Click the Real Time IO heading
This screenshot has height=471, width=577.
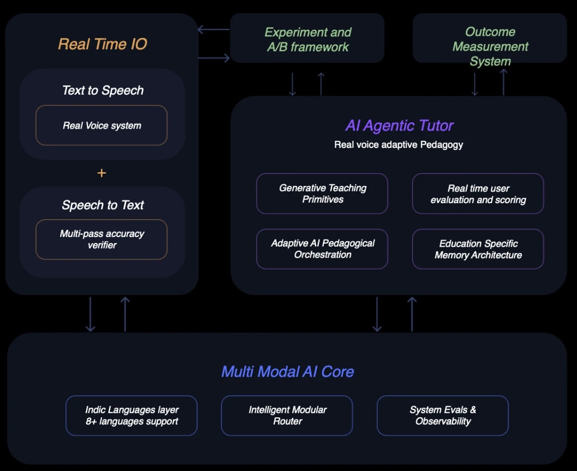102,44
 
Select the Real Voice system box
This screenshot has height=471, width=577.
101,126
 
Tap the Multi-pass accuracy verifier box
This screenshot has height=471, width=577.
101,240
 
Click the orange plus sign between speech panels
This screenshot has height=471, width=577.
101,173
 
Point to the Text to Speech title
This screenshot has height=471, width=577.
102,91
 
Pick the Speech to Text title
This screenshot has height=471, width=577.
102,205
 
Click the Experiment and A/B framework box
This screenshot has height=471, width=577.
307,39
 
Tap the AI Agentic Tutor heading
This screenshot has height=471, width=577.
399,126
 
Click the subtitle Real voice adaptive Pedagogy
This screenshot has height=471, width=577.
399,145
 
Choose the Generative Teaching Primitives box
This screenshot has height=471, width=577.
322,193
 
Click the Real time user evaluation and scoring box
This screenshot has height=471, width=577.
478,194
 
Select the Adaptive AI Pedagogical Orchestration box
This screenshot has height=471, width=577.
322,249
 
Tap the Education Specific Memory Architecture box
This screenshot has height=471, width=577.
478,249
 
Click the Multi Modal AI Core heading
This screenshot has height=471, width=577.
287,372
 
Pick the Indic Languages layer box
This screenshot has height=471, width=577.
132,415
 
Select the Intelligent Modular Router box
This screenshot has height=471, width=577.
287,415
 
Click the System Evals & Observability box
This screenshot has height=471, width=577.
443,415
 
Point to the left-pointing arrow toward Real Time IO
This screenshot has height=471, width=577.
213,29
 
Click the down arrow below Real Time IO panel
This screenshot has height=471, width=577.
90,314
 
